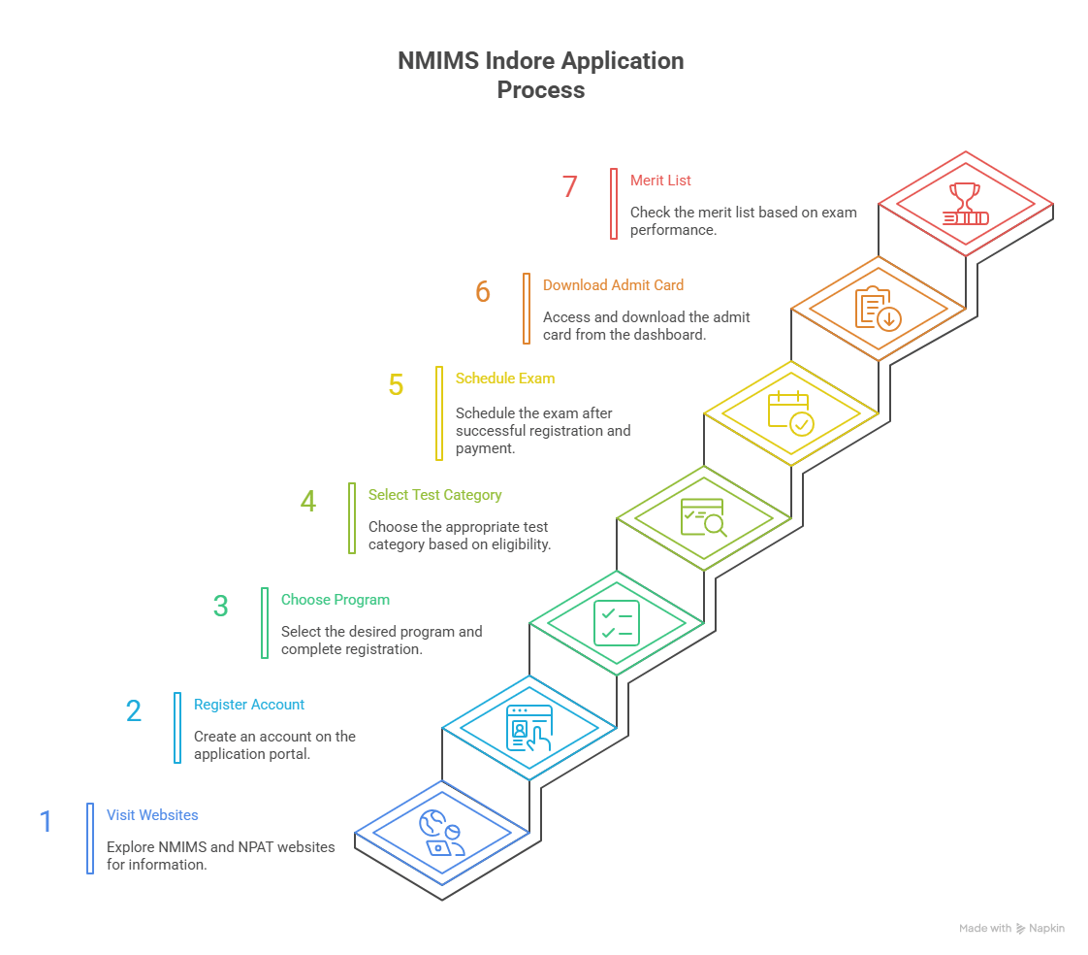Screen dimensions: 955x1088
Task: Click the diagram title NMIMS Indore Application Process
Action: click(x=541, y=75)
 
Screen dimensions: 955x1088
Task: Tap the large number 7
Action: click(x=570, y=186)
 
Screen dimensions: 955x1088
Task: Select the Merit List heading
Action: click(x=660, y=181)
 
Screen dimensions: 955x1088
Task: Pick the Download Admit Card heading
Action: click(x=613, y=285)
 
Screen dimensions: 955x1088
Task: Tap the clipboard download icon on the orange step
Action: click(x=879, y=309)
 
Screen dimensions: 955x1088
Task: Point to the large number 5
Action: click(x=396, y=384)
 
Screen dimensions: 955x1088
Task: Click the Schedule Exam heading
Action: click(x=505, y=379)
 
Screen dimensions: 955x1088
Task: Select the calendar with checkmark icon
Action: click(x=790, y=412)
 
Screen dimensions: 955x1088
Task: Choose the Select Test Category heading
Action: click(x=434, y=495)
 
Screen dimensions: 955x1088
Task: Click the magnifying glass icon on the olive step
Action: click(x=704, y=518)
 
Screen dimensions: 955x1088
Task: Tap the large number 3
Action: click(x=221, y=606)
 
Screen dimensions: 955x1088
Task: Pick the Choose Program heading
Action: click(x=336, y=600)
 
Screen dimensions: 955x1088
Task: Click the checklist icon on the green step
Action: click(x=617, y=622)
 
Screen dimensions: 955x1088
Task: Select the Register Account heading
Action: click(x=249, y=705)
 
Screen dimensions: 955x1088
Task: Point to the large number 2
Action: click(x=134, y=710)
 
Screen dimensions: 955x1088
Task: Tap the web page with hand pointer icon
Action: click(x=529, y=728)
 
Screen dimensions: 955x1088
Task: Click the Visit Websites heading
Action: click(x=152, y=815)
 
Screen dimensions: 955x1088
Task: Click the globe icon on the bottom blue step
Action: click(x=441, y=833)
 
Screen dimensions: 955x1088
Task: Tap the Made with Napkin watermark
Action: click(x=1011, y=929)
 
